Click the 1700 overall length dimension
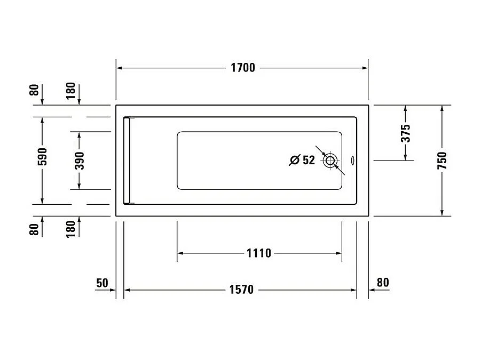[x=242, y=68]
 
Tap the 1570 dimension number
[x=241, y=290]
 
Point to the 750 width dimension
[x=442, y=161]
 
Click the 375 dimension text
[x=406, y=132]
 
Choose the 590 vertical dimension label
[x=43, y=156]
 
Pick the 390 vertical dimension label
[x=80, y=160]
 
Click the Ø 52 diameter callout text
[x=302, y=160]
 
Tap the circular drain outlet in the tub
[x=330, y=160]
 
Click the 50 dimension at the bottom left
[x=102, y=283]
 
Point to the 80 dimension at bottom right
[x=383, y=283]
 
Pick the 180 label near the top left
[x=71, y=90]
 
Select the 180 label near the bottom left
[x=71, y=229]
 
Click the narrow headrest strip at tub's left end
[x=127, y=161]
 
